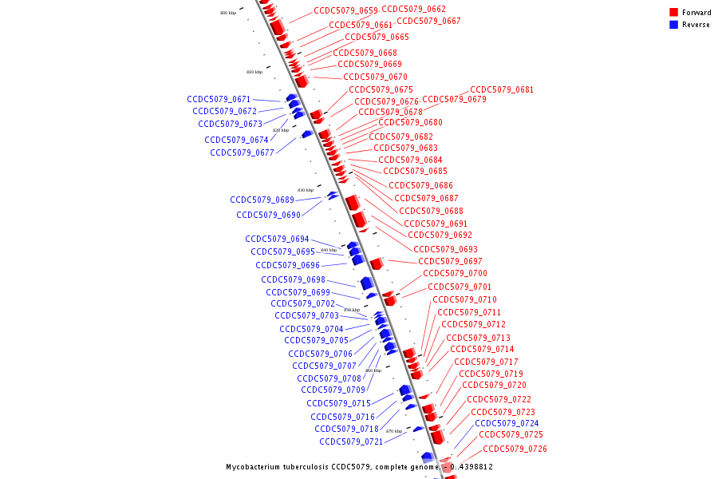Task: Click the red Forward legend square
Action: click(x=673, y=13)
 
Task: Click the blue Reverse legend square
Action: click(x=673, y=25)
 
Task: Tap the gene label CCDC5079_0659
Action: click(x=345, y=11)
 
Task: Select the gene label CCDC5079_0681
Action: click(x=502, y=90)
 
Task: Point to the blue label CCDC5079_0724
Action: click(x=507, y=423)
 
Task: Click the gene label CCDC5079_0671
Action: click(x=219, y=100)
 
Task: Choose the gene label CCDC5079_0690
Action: click(x=268, y=215)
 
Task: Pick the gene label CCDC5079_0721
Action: click(x=351, y=441)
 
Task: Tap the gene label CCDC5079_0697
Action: click(x=450, y=262)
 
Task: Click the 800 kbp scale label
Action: click(x=228, y=14)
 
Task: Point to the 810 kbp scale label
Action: click(x=254, y=73)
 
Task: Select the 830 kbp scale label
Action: click(x=306, y=190)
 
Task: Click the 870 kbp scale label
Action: click(x=394, y=431)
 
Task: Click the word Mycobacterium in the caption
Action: click(x=253, y=467)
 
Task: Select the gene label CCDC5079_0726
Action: click(x=515, y=449)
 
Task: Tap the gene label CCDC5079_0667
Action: click(x=428, y=22)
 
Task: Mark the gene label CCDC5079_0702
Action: click(x=302, y=303)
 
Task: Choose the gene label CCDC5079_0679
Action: click(x=454, y=100)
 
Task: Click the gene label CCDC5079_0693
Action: click(x=445, y=249)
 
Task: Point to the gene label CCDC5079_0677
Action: click(x=242, y=152)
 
